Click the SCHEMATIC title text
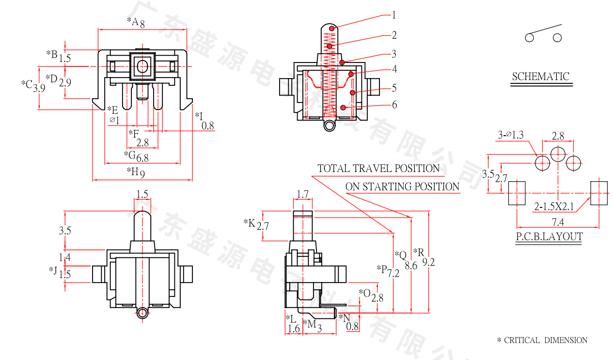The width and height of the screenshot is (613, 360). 540,77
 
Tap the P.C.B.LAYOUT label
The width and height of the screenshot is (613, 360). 549,236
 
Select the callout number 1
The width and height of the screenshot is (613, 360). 394,15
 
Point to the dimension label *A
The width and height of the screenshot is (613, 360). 133,21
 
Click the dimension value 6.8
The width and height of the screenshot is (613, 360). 142,157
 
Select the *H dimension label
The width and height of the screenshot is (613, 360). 132,171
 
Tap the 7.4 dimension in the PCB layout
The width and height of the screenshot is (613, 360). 558,222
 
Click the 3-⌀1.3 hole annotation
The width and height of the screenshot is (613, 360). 510,135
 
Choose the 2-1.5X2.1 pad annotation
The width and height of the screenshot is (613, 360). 554,206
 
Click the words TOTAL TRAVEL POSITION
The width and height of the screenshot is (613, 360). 378,169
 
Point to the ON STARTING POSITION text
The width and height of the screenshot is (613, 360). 402,187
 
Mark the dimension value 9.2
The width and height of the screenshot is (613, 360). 428,262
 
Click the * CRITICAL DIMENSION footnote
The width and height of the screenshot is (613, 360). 542,340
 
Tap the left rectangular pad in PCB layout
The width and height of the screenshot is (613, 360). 517,193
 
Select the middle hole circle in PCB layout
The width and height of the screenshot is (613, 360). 558,155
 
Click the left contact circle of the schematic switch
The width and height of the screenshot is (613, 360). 529,38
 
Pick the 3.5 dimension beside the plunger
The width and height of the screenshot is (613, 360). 65,231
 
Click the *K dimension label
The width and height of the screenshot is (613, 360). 249,222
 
